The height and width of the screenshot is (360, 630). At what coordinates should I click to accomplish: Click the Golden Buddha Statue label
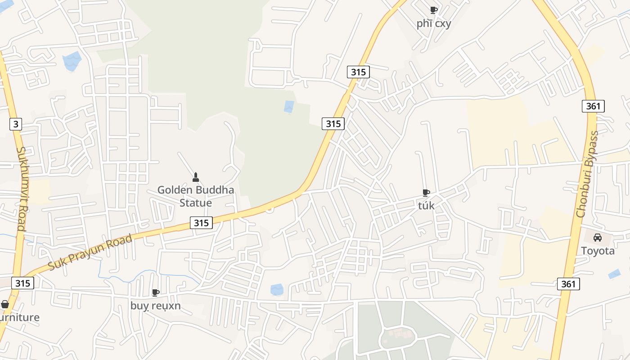(196, 196)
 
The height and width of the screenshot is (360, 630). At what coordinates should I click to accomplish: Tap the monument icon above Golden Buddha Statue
(195, 177)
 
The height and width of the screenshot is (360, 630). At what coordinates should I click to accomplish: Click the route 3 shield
(16, 124)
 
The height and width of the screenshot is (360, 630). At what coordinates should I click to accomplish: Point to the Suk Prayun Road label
(90, 252)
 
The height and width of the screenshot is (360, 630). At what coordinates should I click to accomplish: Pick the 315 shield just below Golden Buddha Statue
(201, 222)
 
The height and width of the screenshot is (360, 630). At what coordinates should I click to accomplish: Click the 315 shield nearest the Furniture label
(22, 283)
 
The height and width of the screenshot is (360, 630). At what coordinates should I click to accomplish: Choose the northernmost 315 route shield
(358, 72)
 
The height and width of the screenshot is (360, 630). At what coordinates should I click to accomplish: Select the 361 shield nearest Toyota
(568, 284)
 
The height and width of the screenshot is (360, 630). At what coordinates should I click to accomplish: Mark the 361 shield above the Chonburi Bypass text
(593, 106)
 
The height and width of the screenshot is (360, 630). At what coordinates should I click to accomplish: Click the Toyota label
(598, 251)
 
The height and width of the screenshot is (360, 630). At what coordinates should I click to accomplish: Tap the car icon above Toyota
(598, 238)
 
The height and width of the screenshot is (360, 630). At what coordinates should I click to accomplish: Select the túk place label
(426, 206)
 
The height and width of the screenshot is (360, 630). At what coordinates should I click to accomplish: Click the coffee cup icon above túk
(426, 193)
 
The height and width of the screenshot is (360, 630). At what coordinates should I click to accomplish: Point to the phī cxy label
(433, 23)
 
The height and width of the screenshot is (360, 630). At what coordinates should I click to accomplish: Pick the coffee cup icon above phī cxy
(433, 10)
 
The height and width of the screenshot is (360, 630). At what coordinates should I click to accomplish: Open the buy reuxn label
(156, 306)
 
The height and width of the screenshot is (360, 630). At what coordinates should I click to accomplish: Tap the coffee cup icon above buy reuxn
(156, 293)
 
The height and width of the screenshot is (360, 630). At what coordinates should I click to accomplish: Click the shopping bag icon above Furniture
(5, 305)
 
